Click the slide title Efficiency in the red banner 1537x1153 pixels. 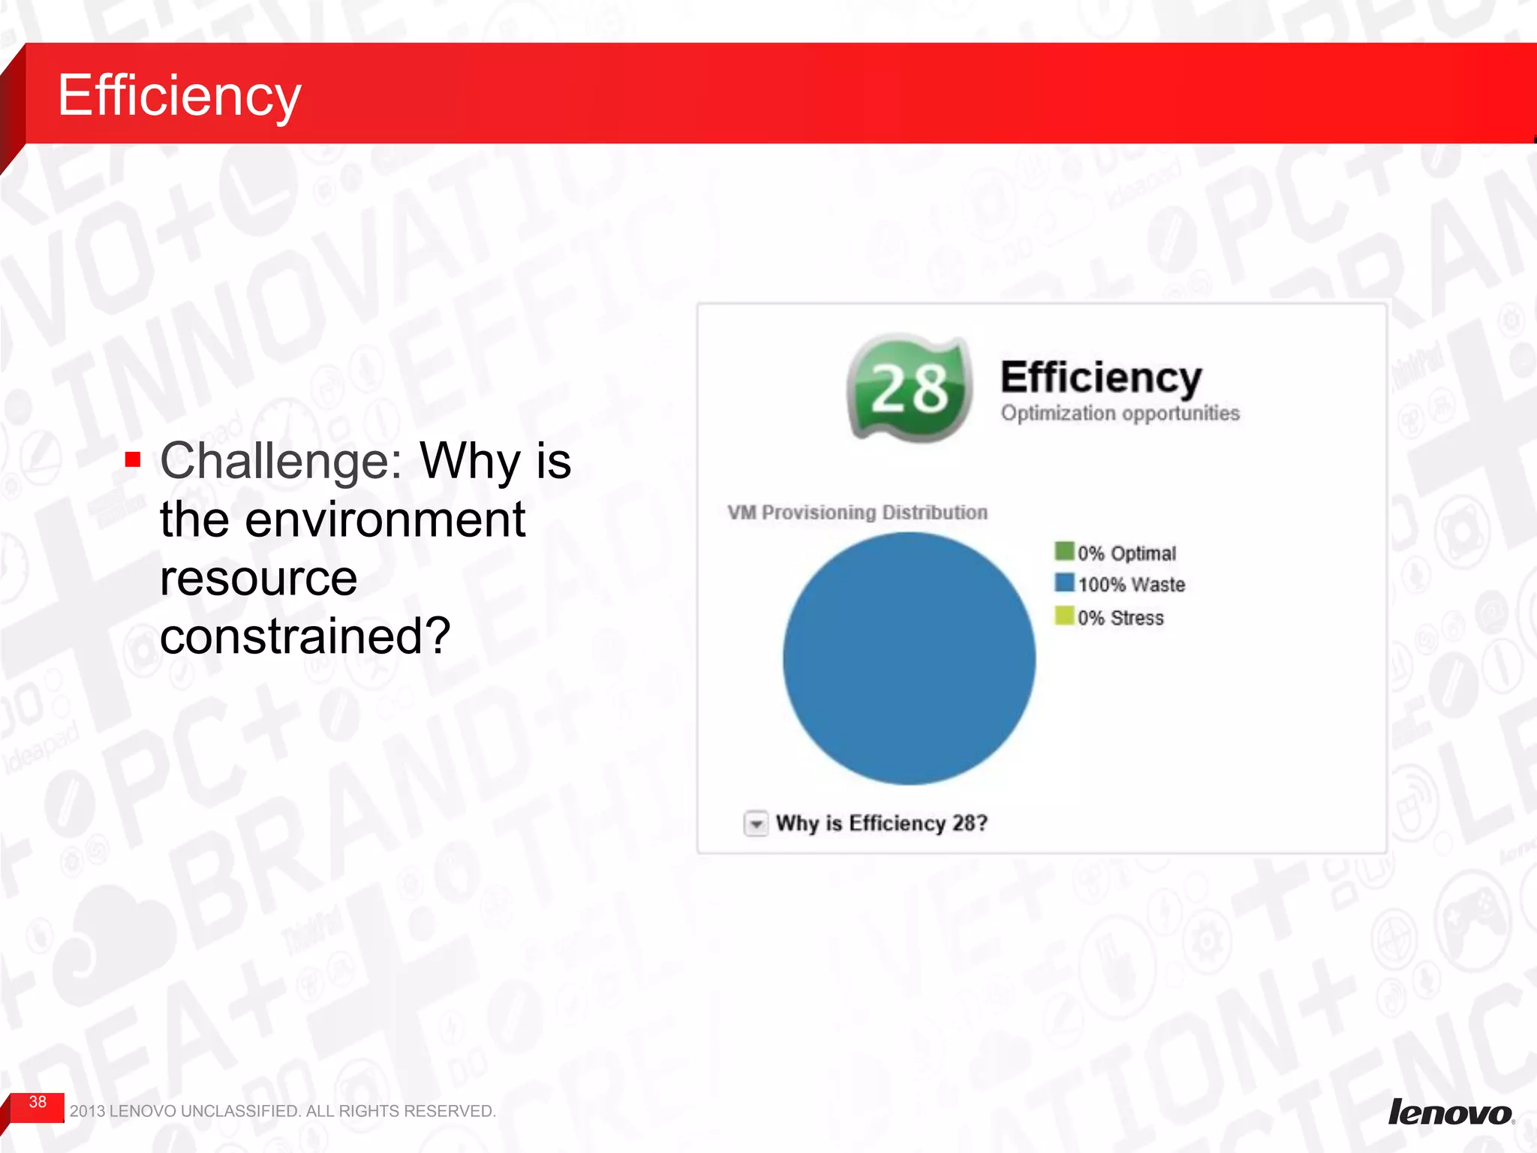pos(179,95)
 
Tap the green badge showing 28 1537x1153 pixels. pos(910,388)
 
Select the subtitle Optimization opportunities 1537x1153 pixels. pos(1120,414)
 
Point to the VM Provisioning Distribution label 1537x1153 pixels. pos(857,513)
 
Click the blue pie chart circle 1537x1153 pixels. pos(909,658)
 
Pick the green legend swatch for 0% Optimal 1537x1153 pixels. pos(1064,552)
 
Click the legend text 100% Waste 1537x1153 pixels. pos(1131,585)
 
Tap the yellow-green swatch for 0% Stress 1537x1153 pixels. pos(1064,616)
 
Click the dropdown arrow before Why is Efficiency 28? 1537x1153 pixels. pos(756,824)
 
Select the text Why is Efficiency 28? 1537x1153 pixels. pos(881,823)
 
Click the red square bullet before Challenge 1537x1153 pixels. pos(134,459)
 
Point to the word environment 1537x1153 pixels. pos(384,519)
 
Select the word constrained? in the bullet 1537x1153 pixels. pos(305,637)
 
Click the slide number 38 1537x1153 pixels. pos(38,1102)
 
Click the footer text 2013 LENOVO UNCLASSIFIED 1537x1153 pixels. pos(282,1111)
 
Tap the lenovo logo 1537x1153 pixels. pos(1449,1112)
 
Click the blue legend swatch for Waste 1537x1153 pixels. pos(1064,583)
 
